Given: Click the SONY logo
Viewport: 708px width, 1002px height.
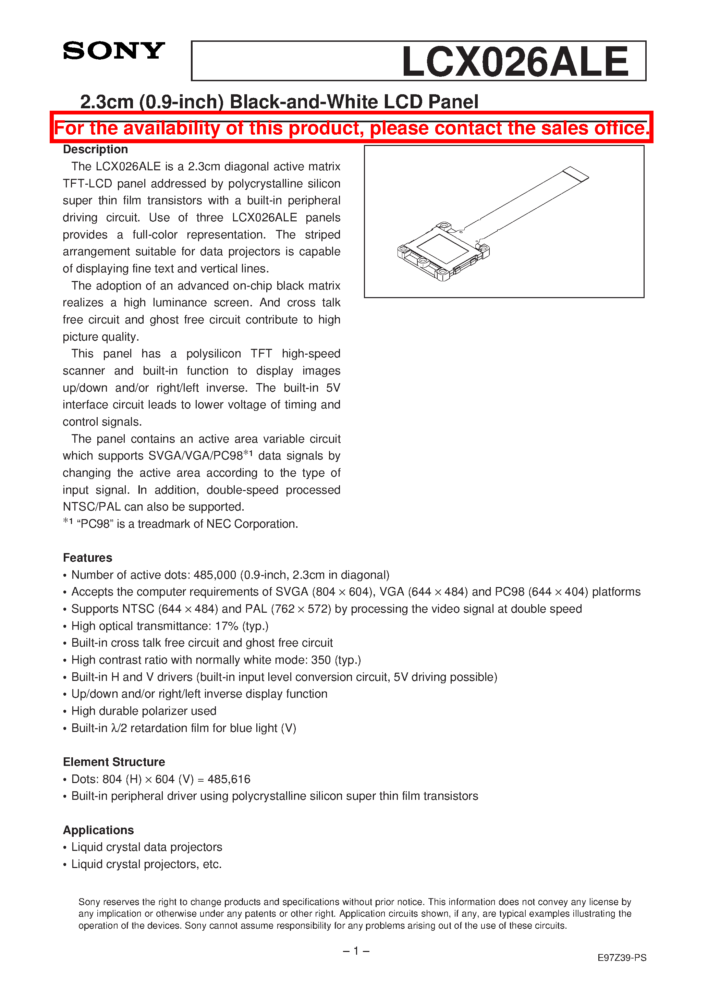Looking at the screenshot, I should click(113, 51).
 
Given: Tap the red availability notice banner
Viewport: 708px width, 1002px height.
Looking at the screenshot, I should click(351, 128).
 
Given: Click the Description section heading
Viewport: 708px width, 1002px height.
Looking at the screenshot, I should click(95, 149).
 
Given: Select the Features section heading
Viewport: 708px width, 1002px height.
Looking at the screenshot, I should click(87, 558).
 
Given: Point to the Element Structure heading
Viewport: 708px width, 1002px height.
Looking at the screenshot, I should click(113, 762).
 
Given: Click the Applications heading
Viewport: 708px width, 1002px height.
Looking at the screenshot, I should click(98, 830).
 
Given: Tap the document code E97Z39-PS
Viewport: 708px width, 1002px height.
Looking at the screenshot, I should click(622, 957).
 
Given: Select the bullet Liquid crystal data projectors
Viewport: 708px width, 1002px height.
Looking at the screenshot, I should click(147, 847).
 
